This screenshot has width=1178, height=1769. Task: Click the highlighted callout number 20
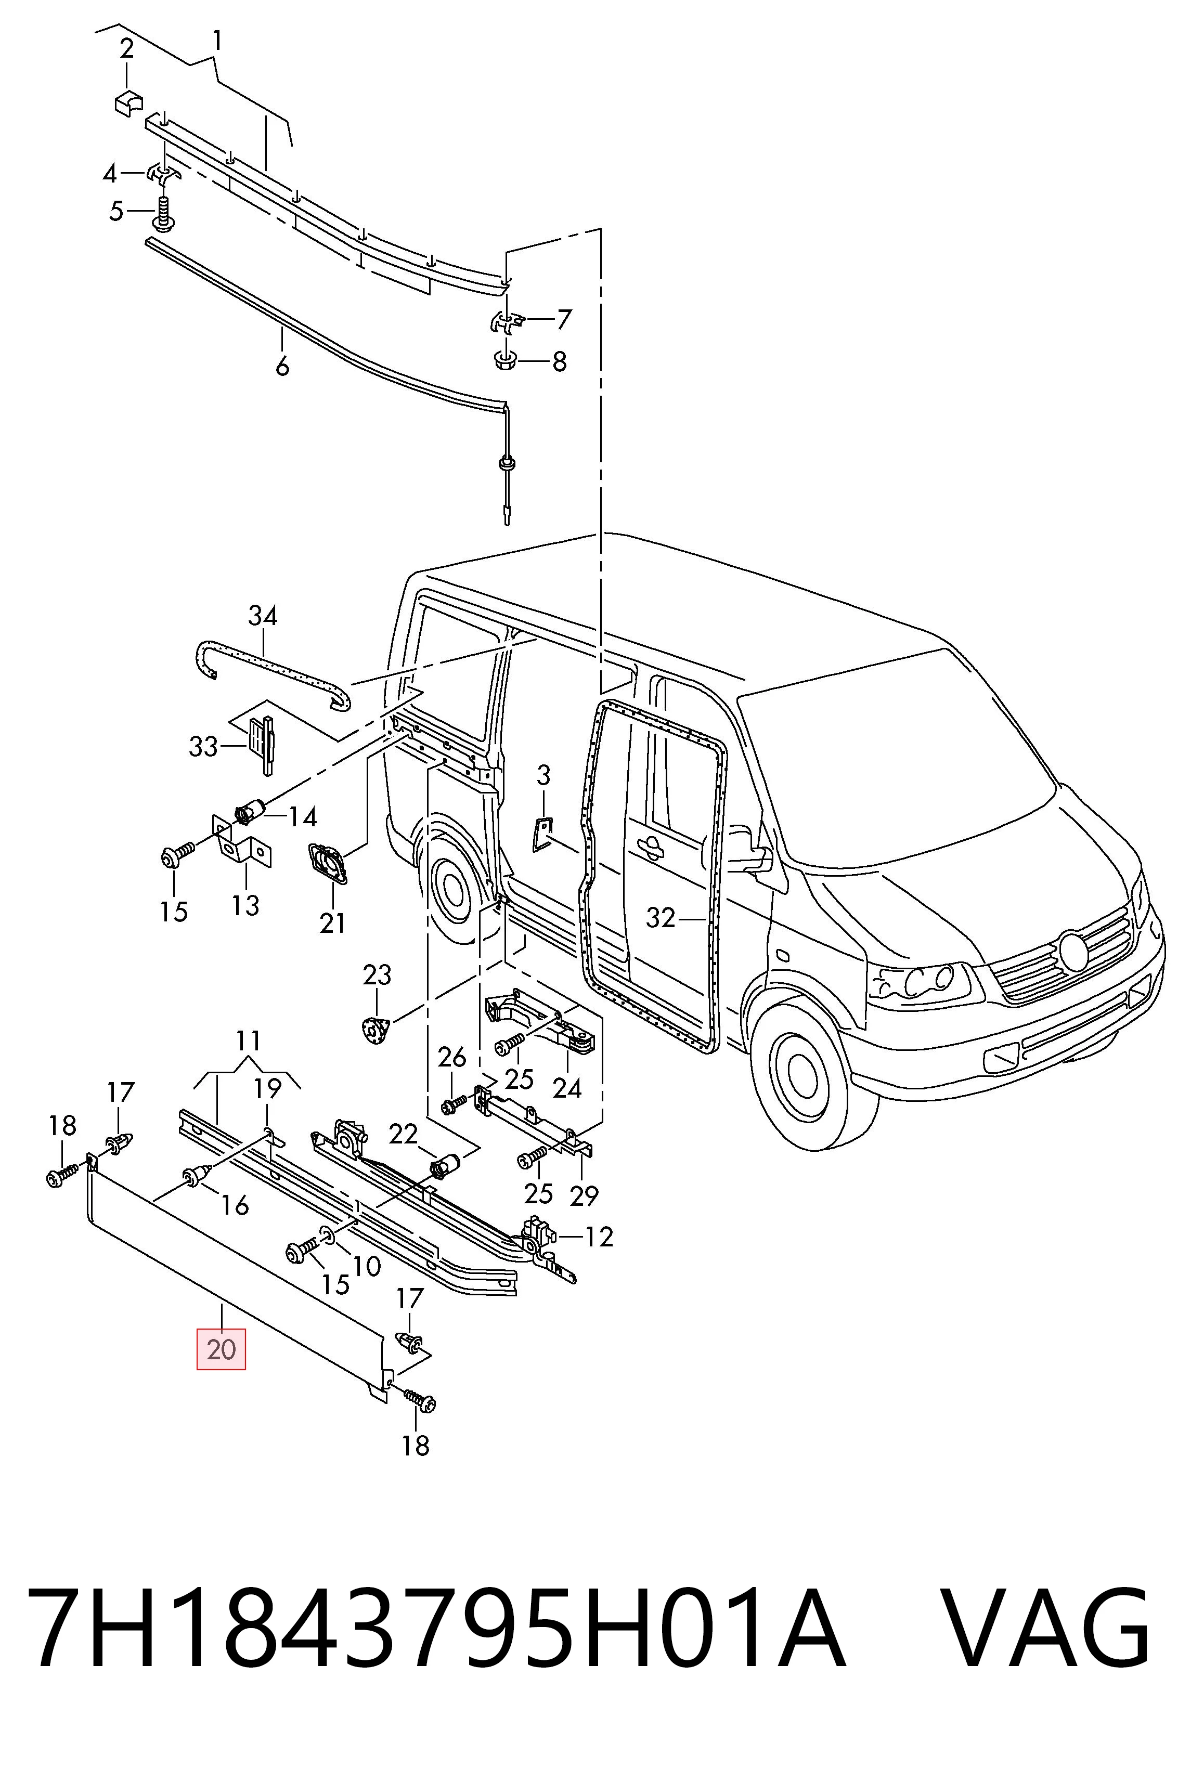pos(221,1350)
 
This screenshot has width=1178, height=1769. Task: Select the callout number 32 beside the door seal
pos(661,918)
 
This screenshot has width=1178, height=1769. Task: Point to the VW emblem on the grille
pos(1073,952)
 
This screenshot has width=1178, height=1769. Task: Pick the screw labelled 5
pos(162,213)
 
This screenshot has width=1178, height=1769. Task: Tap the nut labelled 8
pos(506,360)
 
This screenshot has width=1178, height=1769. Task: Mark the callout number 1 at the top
pos(216,41)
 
